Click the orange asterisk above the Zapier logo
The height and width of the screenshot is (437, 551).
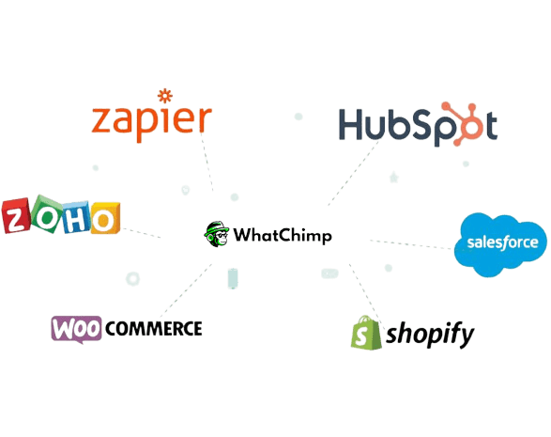coord(165,96)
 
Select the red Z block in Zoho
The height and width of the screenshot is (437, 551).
coord(16,215)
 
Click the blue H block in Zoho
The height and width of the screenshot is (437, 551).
coord(76,217)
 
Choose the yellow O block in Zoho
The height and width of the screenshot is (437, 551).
coord(105,218)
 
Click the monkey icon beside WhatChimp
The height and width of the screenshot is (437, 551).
coord(217,234)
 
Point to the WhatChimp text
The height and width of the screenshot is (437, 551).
coord(283,235)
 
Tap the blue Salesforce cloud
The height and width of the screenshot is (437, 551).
coord(500,243)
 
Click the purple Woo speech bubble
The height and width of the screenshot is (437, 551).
coord(76,329)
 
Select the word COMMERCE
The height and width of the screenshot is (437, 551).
coord(154,329)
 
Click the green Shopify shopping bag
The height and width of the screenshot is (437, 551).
coord(366,333)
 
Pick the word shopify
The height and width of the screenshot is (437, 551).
coord(430,335)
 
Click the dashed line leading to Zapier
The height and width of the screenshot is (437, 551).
coord(207,162)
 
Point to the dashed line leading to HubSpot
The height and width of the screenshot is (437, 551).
coord(352,174)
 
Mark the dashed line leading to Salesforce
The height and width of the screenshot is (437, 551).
coord(411,244)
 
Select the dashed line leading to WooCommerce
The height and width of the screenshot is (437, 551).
coord(186,290)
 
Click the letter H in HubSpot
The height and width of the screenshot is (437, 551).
coord(350,125)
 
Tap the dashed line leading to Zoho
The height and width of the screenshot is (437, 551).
coord(142,233)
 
